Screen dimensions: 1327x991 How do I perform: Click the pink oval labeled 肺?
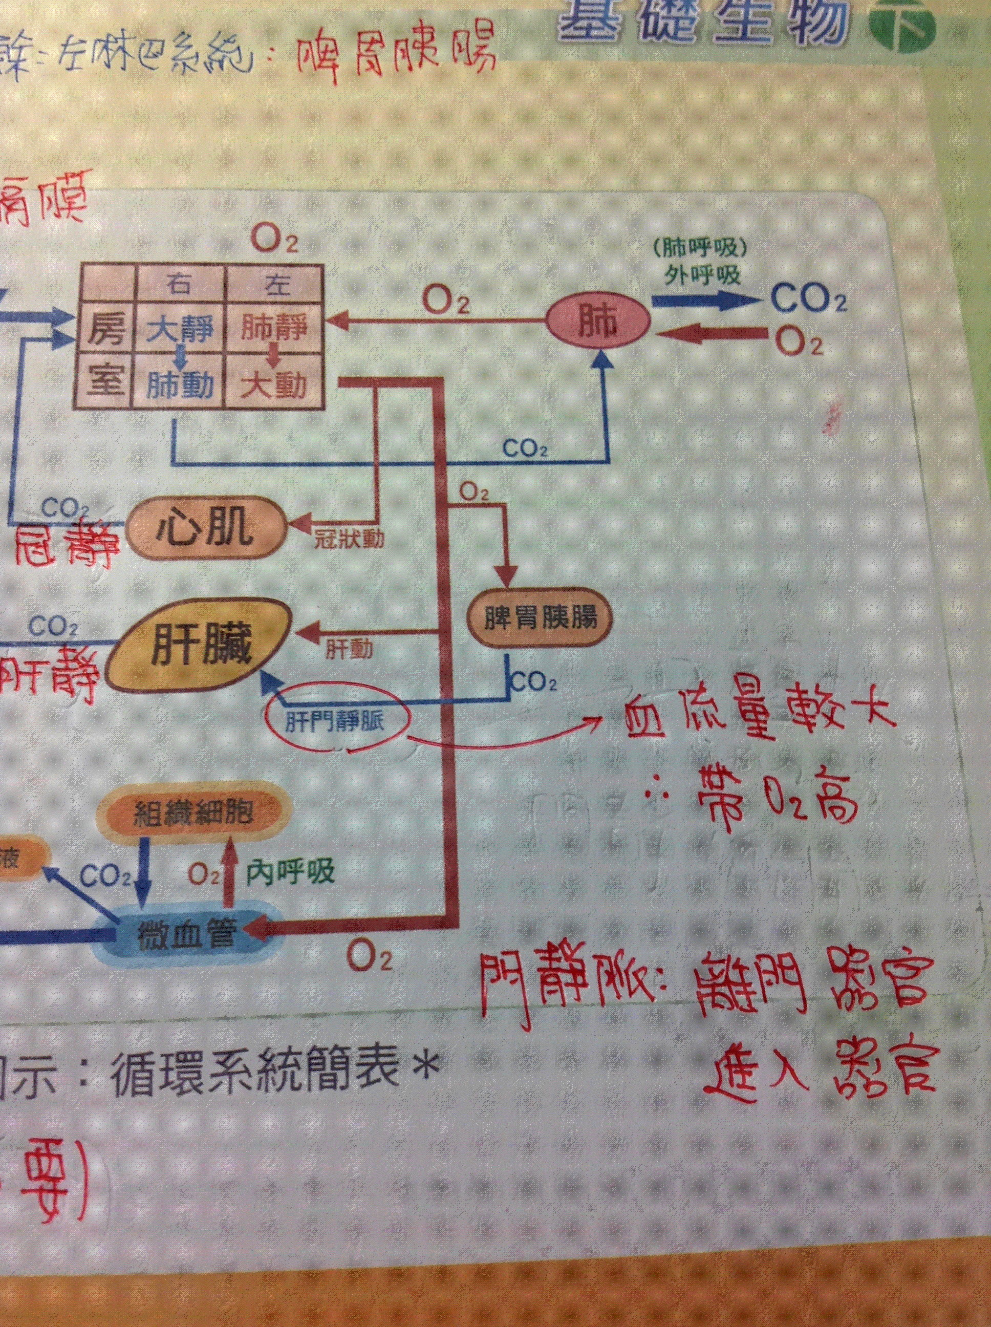[598, 324]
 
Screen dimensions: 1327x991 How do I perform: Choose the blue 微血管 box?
[185, 933]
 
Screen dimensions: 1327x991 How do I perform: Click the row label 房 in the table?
[107, 329]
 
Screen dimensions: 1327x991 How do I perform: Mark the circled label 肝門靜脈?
[336, 719]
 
